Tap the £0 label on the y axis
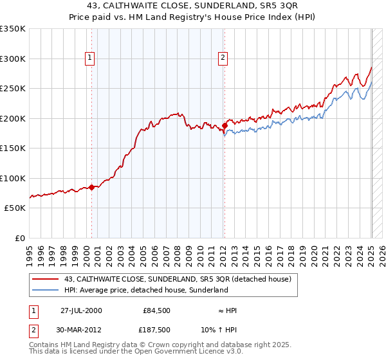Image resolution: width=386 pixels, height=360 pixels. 19,238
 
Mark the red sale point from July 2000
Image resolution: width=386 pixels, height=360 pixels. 91,187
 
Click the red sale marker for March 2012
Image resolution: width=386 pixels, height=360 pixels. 225,126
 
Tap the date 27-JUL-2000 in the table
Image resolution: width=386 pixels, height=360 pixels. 81,310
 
